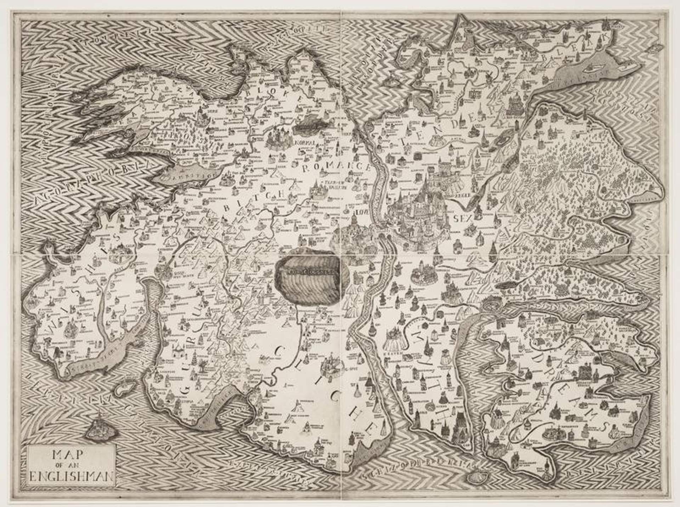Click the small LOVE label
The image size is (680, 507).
click(360, 212)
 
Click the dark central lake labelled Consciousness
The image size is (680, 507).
click(308, 277)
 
